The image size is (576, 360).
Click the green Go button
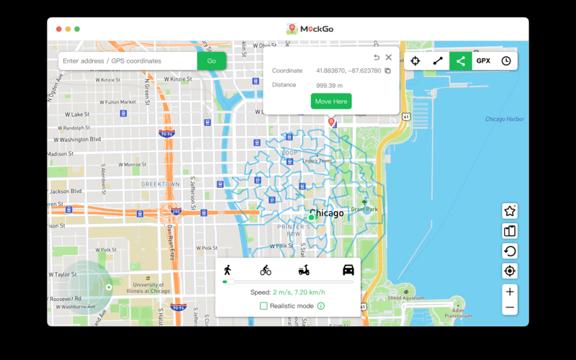pyautogui.click(x=211, y=61)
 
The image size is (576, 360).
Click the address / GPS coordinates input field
pyautogui.click(x=128, y=61)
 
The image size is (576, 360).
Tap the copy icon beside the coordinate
pyautogui.click(x=387, y=71)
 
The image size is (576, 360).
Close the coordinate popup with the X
pyautogui.click(x=389, y=58)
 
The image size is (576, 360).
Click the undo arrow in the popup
pyautogui.click(x=377, y=58)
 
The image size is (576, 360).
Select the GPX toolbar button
pyautogui.click(x=483, y=61)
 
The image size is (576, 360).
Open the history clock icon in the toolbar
pyautogui.click(x=506, y=61)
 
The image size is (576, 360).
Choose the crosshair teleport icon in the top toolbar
pyautogui.click(x=415, y=61)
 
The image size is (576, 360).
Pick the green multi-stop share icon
pyautogui.click(x=461, y=61)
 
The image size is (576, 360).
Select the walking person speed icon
pyautogui.click(x=228, y=270)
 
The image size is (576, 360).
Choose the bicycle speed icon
pyautogui.click(x=266, y=270)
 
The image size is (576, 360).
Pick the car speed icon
pyautogui.click(x=348, y=270)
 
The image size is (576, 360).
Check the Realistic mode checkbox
pyautogui.click(x=264, y=306)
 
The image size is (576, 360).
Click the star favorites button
pyautogui.click(x=510, y=211)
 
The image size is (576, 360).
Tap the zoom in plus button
pyautogui.click(x=510, y=292)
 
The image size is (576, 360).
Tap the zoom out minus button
pyautogui.click(x=510, y=307)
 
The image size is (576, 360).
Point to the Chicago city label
pyautogui.click(x=326, y=213)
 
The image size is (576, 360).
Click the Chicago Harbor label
pyautogui.click(x=504, y=120)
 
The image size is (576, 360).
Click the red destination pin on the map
pyautogui.click(x=331, y=122)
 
